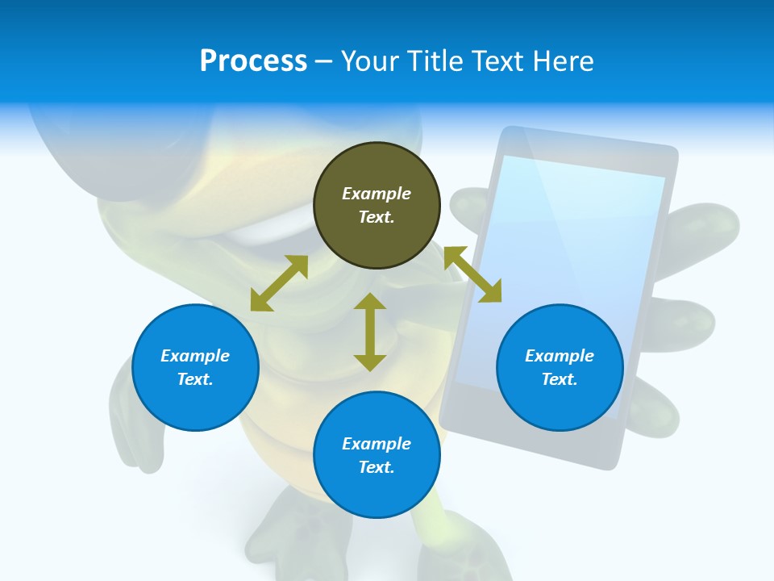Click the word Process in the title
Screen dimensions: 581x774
coord(253,61)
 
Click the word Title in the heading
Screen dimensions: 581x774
coord(433,61)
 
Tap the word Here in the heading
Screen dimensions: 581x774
coord(564,61)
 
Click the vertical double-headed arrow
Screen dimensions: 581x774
coord(370,332)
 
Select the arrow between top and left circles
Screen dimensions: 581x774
coord(279,283)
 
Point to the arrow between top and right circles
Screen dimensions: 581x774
coord(472,275)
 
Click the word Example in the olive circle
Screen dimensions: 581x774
coord(377,194)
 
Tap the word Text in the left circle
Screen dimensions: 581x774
coord(195,379)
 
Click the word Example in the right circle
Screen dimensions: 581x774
coord(560,356)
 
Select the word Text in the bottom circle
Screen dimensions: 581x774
coord(377,467)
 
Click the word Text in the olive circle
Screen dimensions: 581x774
coord(377,217)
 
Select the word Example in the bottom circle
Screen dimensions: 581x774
coord(377,444)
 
